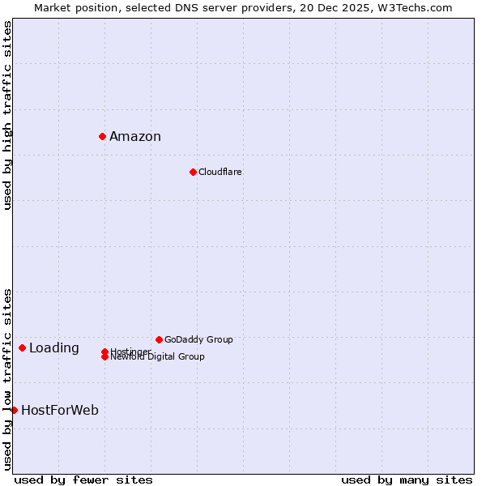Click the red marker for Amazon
pos(103,136)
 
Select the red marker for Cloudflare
pos(193,172)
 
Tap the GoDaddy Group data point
pos(159,339)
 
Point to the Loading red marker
pos(22,347)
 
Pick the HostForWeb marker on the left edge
pos(14,410)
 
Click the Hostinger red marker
pos(104,352)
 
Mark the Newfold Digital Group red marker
pos(104,357)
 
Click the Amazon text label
pos(135,137)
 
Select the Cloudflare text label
pos(220,172)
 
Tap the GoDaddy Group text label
pos(198,339)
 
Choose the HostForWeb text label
pos(60,411)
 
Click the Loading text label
pos(54,348)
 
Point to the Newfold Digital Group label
pos(158,357)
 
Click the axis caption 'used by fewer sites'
pos(83,480)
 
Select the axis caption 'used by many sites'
pos(407,480)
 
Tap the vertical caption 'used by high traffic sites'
pos(8,115)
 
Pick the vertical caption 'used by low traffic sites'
pos(8,378)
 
